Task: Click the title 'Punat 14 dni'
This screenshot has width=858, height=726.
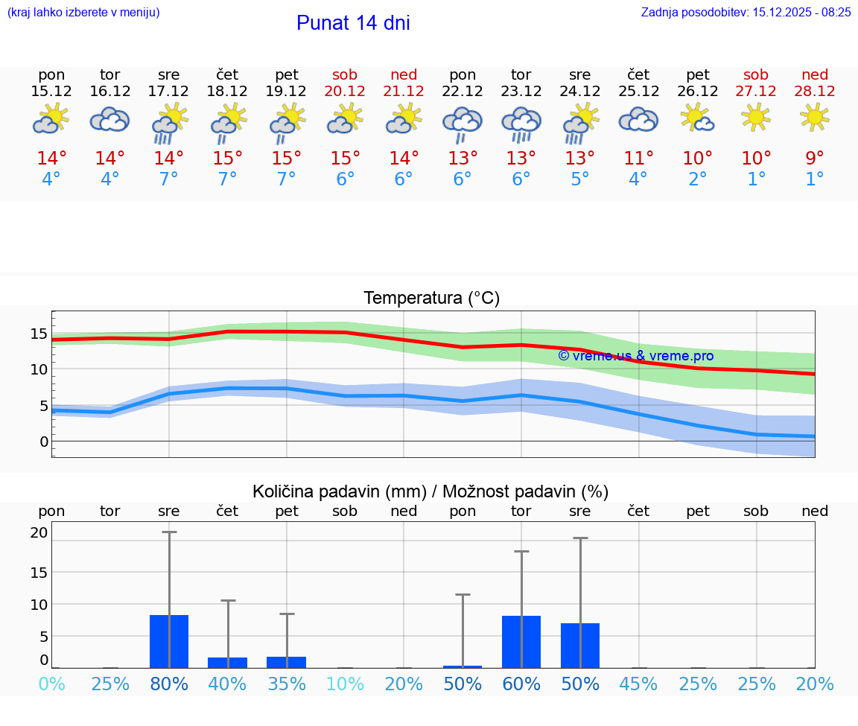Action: point(353,23)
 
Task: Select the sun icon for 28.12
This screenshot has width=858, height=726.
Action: point(815,117)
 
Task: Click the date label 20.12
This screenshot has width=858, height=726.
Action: point(345,91)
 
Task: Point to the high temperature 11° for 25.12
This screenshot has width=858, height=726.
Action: point(638,158)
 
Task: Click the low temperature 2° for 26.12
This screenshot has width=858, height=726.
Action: point(697,179)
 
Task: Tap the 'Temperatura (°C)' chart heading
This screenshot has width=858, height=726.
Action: point(431,298)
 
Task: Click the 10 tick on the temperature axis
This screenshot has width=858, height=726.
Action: point(39,369)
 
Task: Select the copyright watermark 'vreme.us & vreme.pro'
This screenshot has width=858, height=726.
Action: point(635,356)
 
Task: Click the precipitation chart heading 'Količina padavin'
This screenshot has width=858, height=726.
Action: point(430,491)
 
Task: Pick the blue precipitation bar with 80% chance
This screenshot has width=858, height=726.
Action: point(169,641)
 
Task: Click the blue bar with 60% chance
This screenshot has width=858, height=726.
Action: point(521,641)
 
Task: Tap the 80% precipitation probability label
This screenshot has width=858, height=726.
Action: point(169,684)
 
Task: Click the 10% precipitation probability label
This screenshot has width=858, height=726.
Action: point(345,684)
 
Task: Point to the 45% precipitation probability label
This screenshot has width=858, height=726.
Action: point(638,684)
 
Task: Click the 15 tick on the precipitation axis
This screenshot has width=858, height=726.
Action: point(39,572)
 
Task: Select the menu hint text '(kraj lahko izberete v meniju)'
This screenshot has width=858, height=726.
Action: point(83,12)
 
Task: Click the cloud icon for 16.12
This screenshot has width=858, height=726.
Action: point(110,119)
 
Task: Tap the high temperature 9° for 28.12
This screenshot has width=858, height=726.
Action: point(815,158)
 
